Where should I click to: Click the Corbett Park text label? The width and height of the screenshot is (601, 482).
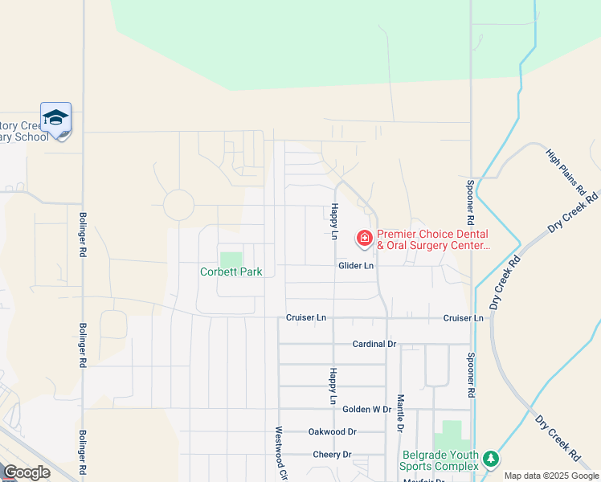pos(231,272)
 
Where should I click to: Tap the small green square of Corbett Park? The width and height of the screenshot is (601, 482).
pos(231,259)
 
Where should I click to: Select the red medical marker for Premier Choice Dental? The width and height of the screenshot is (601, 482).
pos(364,237)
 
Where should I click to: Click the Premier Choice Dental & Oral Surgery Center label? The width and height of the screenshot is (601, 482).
pos(432,239)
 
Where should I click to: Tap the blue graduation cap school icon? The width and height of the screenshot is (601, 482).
pos(55,118)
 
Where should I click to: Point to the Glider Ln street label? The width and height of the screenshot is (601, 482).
pos(356,266)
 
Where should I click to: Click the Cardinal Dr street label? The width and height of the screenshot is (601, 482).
pos(374,344)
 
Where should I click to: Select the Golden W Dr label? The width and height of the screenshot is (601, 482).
pos(366,409)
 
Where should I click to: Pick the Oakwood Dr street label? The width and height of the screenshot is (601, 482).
pos(332,431)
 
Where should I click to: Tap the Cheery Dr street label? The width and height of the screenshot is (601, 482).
pos(332,454)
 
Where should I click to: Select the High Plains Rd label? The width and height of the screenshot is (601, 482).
pos(565,172)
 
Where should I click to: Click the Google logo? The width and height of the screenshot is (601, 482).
pos(27,472)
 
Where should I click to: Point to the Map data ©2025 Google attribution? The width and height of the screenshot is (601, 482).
pos(551,476)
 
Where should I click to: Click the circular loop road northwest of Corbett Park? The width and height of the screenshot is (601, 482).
pos(178,205)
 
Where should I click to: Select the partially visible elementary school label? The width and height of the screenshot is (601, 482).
pos(32,131)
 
